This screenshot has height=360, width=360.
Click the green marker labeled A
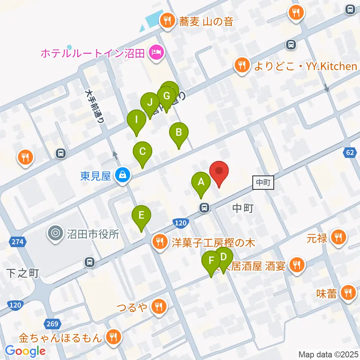pyautogui.click(x=201, y=183)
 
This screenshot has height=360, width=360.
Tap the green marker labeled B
pyautogui.click(x=179, y=133)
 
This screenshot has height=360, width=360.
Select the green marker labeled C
pyautogui.click(x=142, y=152)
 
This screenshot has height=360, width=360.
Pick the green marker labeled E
pyautogui.click(x=141, y=216)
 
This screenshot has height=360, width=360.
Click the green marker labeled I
pyautogui.click(x=136, y=120)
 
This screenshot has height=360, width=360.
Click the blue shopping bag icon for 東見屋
pyautogui.click(x=122, y=175)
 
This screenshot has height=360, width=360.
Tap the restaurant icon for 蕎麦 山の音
pyautogui.click(x=166, y=20)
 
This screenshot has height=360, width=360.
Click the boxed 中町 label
pyautogui.click(x=264, y=183)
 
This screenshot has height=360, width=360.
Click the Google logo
pyautogui.click(x=25, y=351)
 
